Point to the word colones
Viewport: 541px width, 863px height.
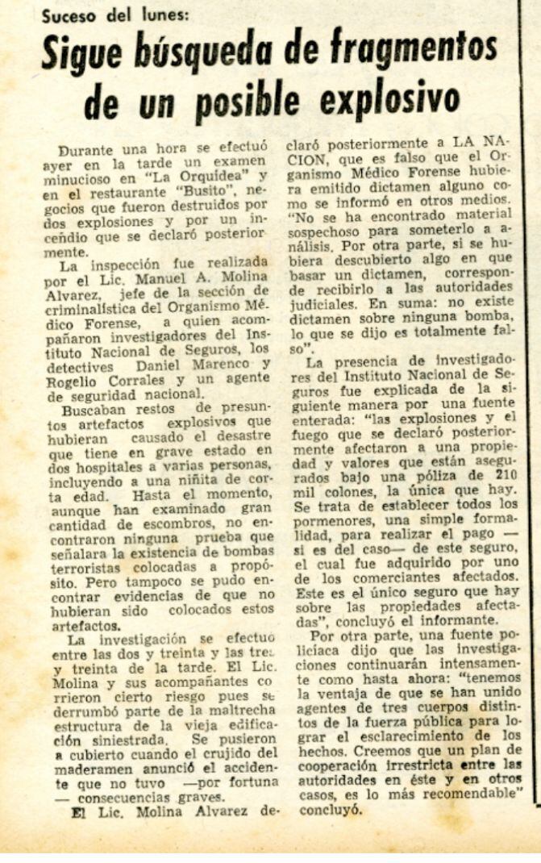tap(339, 492)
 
